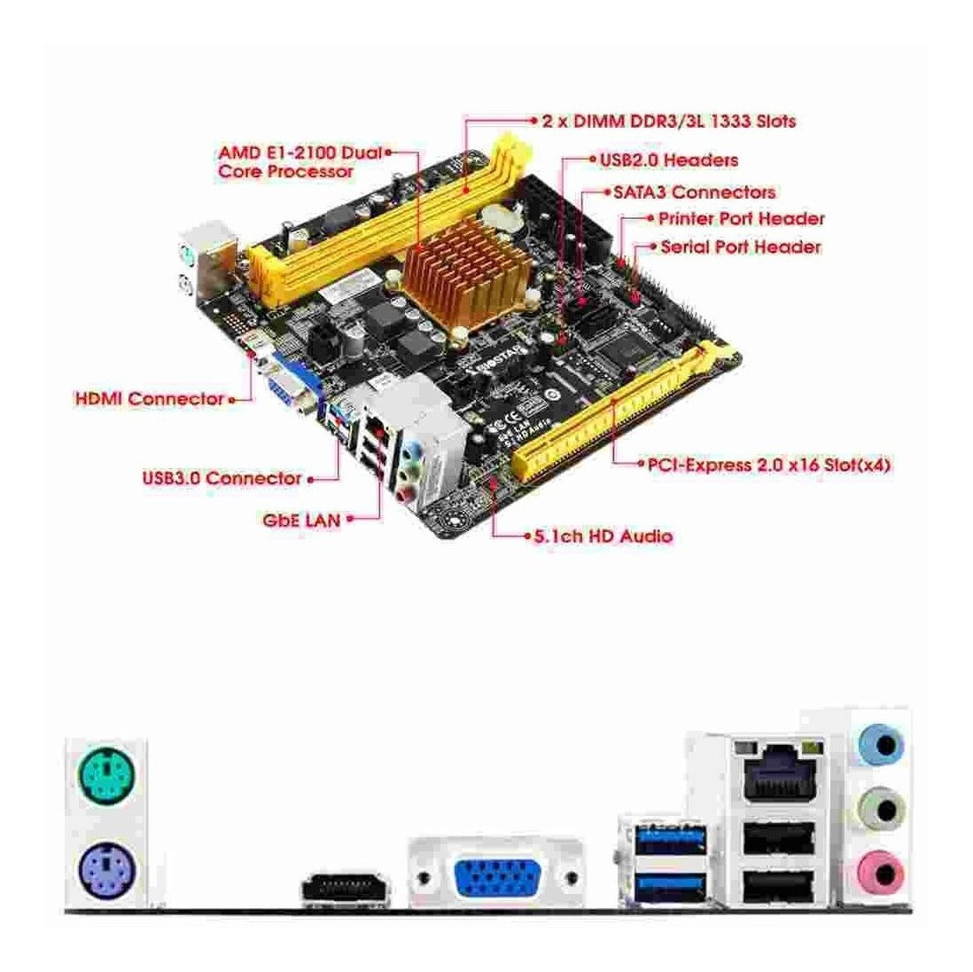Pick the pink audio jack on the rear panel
[x=881, y=874]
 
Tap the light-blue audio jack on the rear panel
[x=881, y=743]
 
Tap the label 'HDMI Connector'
[x=149, y=398]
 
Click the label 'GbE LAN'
[x=301, y=519]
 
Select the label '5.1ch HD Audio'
[x=603, y=536]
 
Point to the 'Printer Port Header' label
[x=741, y=219]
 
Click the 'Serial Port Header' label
[x=740, y=247]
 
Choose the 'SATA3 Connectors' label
[x=695, y=192]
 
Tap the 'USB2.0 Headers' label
[x=669, y=160]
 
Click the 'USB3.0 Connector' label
[x=222, y=478]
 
